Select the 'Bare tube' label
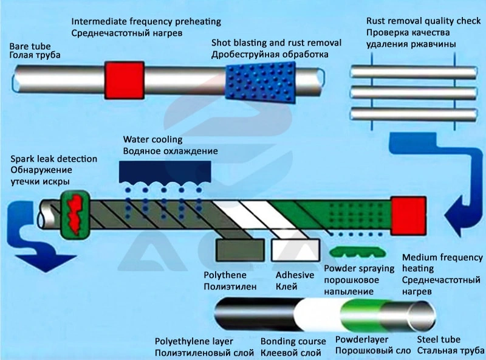click(x=30, y=46)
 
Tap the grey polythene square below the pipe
click(x=239, y=251)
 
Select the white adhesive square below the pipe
click(x=296, y=251)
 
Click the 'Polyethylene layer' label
click(x=193, y=341)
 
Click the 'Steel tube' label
click(x=438, y=339)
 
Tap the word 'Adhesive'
click(x=295, y=275)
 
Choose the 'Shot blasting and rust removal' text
click(x=276, y=43)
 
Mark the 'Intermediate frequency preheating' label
click(x=146, y=21)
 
